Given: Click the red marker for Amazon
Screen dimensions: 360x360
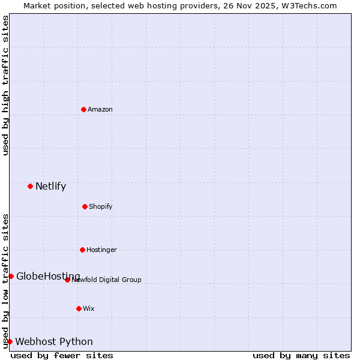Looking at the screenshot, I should pos(84,109).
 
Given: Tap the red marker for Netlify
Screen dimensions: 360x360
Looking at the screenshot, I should pos(30,186).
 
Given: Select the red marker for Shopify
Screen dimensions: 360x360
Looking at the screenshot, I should pos(85,206).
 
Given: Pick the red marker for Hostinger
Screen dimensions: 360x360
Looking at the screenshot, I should pos(82,250).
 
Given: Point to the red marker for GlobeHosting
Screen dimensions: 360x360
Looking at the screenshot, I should pos(11,276).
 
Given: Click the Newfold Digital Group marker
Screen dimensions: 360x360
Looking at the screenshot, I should pos(67,280).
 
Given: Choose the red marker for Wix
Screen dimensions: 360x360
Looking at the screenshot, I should pos(79,308).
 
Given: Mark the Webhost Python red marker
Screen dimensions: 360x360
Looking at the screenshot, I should pos(10,341).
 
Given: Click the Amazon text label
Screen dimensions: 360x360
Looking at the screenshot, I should pos(100,109).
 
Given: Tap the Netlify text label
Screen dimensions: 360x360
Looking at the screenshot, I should pos(50,186).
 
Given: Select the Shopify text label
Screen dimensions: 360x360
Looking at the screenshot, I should pos(101,206).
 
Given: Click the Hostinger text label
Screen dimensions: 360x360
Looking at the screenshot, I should pos(101,250).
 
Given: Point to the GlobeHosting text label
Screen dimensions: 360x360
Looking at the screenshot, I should pos(48,276).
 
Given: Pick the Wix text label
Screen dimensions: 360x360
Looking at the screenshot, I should pos(89,308).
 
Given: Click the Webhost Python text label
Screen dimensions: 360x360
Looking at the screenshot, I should pos(54,341).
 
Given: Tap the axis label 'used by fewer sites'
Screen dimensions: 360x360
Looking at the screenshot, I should pos(62,355).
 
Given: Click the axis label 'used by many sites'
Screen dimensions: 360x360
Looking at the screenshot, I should pos(301,355).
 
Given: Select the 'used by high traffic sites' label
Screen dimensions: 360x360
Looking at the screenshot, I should pos(5,85).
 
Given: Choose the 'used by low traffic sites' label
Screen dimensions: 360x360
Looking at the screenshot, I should pos(5,280).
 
